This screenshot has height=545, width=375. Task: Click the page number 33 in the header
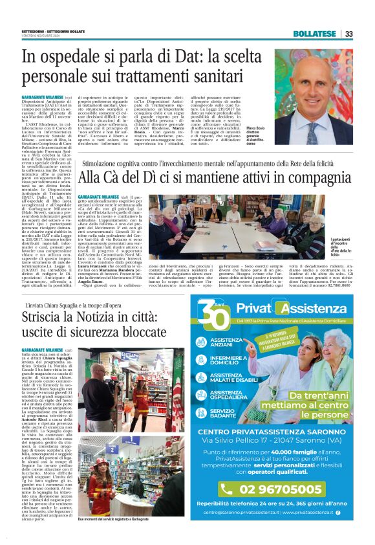(348, 34)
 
